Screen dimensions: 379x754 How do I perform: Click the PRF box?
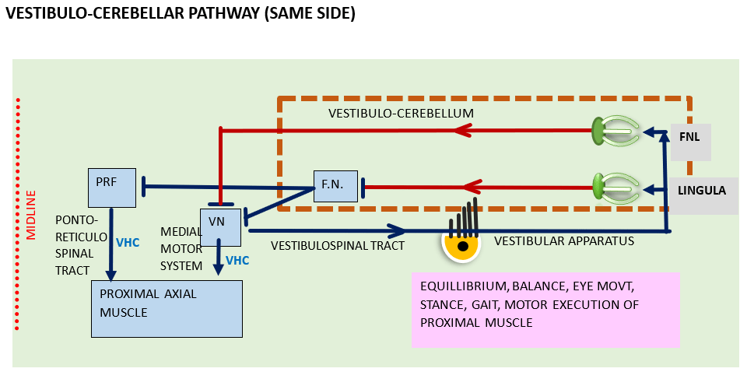coord(112,187)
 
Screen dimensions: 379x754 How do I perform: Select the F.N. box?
coord(337,186)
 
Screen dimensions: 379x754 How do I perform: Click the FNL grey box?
coord(689,138)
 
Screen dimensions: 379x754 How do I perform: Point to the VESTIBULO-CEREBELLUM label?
coord(401,114)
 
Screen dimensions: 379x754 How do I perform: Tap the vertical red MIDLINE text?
coord(31,215)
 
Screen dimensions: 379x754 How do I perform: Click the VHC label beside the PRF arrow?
coord(128,243)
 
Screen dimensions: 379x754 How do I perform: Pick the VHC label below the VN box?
coord(237,260)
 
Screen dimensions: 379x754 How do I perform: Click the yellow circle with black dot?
coord(462,245)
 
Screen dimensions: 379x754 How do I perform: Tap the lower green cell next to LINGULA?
coord(600,187)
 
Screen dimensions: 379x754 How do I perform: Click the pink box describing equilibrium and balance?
coord(545,309)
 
